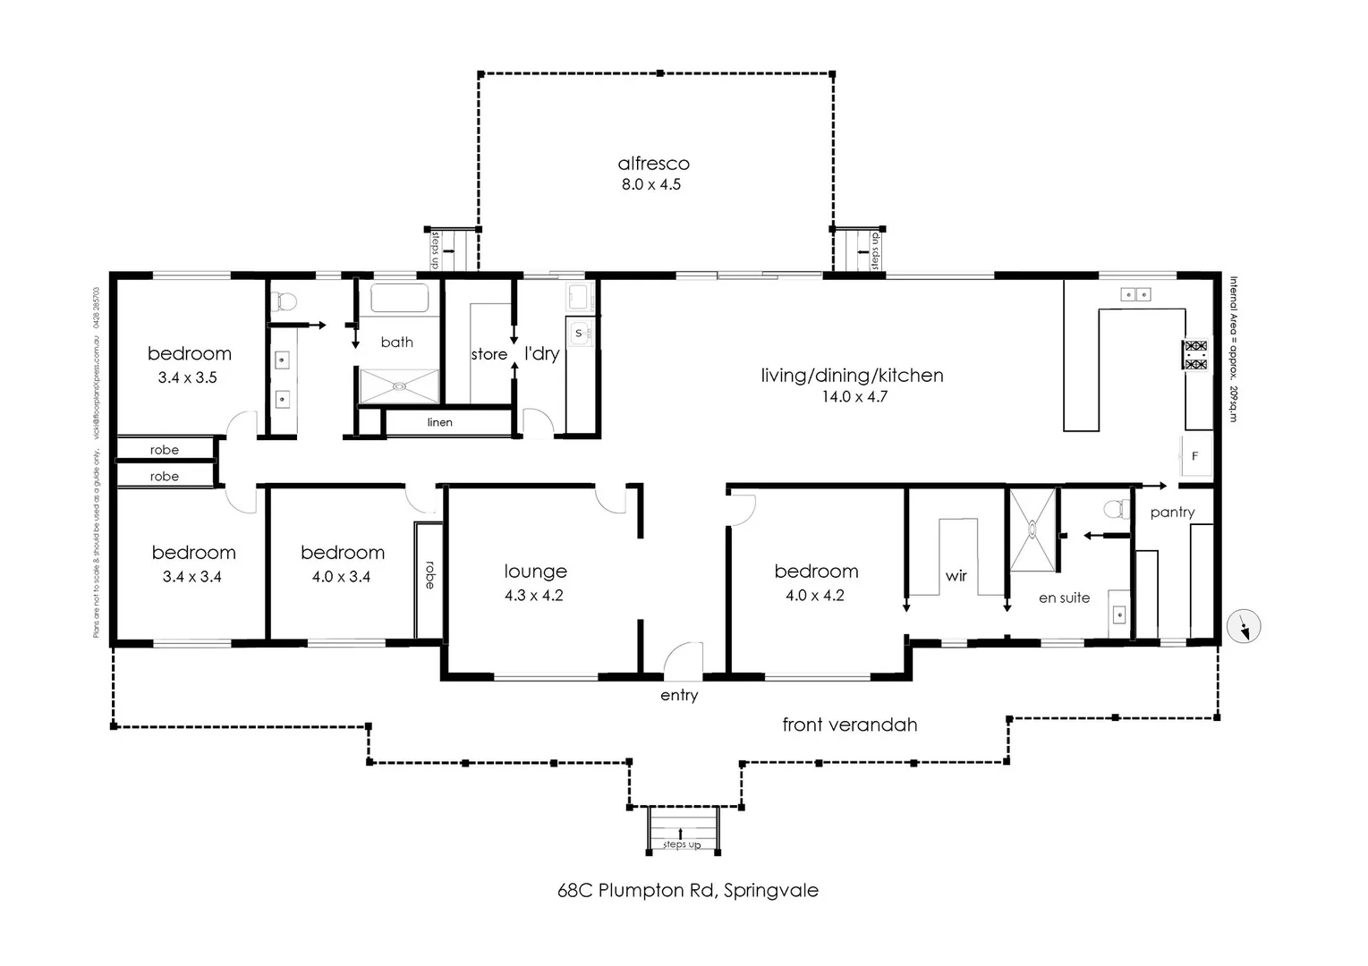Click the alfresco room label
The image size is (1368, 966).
pyautogui.click(x=653, y=164)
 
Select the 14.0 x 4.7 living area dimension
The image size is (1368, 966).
pyautogui.click(x=854, y=396)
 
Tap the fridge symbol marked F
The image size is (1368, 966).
pyautogui.click(x=1194, y=456)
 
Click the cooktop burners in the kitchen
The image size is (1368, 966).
pyautogui.click(x=1195, y=355)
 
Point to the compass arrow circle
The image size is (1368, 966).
pyautogui.click(x=1245, y=626)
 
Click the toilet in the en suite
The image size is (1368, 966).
pyautogui.click(x=1114, y=510)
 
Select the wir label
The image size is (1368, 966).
pyautogui.click(x=956, y=576)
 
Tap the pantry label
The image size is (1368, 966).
pyautogui.click(x=1172, y=513)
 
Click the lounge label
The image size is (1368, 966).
pyautogui.click(x=535, y=572)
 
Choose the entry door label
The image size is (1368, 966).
pyautogui.click(x=679, y=695)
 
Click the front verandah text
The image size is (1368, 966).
pyautogui.click(x=849, y=724)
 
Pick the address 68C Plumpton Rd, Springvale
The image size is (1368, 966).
pyautogui.click(x=687, y=890)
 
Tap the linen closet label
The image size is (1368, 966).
pyautogui.click(x=439, y=422)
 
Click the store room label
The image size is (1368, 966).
pyautogui.click(x=489, y=354)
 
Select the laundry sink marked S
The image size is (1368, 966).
pyautogui.click(x=578, y=334)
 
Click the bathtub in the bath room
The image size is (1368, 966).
pyautogui.click(x=399, y=300)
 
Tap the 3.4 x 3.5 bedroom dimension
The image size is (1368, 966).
pyautogui.click(x=187, y=377)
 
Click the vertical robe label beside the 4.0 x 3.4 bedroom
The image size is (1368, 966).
pyautogui.click(x=429, y=574)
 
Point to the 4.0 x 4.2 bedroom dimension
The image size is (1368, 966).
pyautogui.click(x=814, y=595)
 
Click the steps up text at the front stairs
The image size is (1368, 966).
pyautogui.click(x=681, y=844)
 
